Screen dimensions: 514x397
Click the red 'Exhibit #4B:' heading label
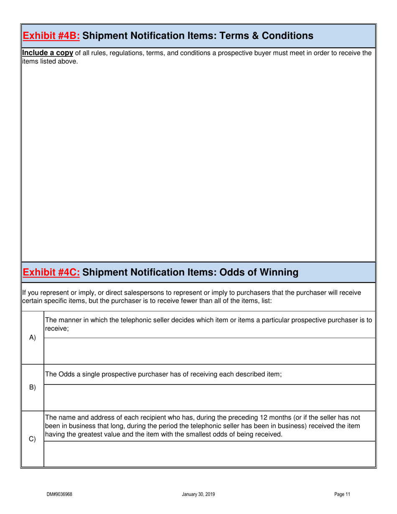(51, 36)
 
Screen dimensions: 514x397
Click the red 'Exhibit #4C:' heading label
(51, 272)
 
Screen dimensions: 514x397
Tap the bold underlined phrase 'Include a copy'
(48, 53)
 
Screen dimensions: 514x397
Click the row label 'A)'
(32, 338)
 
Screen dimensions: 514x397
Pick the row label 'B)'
(32, 387)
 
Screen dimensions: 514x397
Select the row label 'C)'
(32, 439)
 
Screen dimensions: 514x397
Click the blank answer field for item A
(209, 351)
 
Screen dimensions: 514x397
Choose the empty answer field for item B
(209, 397)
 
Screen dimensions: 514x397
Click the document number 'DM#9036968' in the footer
(59, 494)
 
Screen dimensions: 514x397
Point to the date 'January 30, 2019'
(198, 494)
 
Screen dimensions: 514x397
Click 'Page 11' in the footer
(342, 494)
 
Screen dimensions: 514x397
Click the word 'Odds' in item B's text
(66, 374)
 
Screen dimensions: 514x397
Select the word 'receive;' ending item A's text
(56, 329)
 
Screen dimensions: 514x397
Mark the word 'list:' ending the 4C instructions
(265, 301)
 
